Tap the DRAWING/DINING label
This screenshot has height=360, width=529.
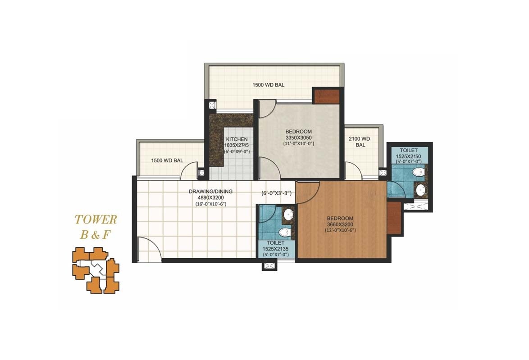point(210,191)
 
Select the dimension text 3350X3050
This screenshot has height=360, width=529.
point(299,138)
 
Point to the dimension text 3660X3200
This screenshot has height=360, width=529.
point(340,225)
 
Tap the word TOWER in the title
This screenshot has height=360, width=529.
point(96,220)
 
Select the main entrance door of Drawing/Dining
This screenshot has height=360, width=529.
point(149,250)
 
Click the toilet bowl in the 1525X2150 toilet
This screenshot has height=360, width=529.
point(418,172)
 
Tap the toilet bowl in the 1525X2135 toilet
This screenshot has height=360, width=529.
point(283,232)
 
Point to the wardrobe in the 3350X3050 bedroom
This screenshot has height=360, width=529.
point(326,96)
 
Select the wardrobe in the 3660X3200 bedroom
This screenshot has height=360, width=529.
point(393,218)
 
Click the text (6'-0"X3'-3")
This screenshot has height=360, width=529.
point(277,194)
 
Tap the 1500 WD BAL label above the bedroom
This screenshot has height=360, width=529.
point(268,85)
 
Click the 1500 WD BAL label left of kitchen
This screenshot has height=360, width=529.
point(167,160)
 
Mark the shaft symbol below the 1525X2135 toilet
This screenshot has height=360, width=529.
point(269,266)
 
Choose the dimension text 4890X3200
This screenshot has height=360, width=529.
point(210,197)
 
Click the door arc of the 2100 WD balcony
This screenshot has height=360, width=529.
point(352,170)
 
